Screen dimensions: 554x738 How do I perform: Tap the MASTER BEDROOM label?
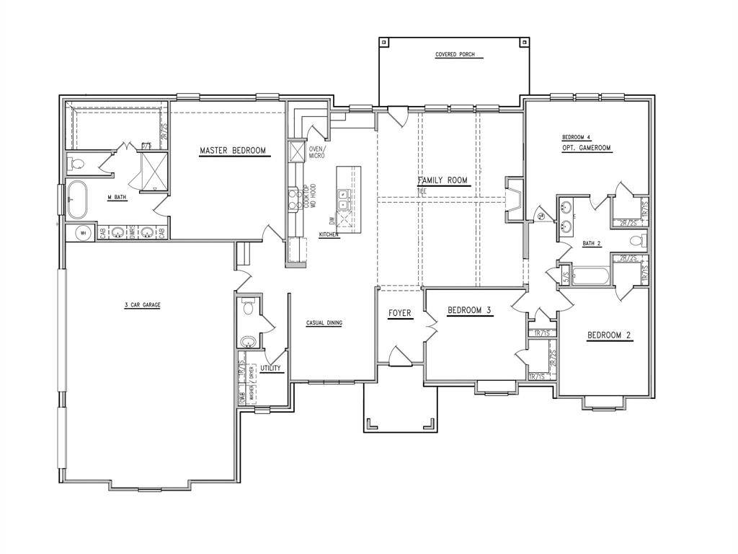pos(232,151)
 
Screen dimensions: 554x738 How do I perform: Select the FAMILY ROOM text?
pos(443,180)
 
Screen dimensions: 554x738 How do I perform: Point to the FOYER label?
pos(400,313)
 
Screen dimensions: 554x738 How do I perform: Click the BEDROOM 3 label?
pos(469,311)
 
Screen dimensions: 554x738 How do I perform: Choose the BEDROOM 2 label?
pos(609,335)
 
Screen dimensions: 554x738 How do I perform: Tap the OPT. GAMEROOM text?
pos(587,148)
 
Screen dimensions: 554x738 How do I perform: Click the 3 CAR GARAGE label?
pos(142,305)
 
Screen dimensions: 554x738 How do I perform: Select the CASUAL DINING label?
pos(324,322)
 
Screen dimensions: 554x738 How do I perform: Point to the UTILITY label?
pos(272,368)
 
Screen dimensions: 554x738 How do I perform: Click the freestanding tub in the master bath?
pos(76,198)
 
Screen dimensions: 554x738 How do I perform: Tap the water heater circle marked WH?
pos(83,233)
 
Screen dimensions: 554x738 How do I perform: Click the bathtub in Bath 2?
pos(590,276)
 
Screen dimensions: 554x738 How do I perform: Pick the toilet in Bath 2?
pos(643,240)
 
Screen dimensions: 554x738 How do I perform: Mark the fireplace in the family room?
pos(515,198)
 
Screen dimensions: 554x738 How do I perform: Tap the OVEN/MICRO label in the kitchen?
pos(316,152)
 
